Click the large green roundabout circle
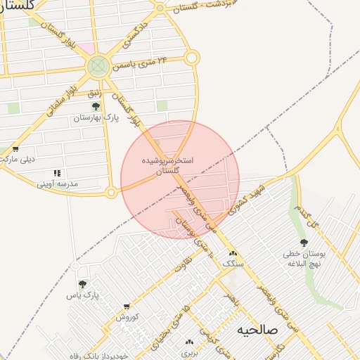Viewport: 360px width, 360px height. (x=98, y=67)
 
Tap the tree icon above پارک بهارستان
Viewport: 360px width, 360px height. (x=96, y=107)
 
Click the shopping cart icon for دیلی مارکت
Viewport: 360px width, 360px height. (x=15, y=149)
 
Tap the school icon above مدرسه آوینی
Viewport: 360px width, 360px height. (x=57, y=173)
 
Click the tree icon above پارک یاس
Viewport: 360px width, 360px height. (x=82, y=284)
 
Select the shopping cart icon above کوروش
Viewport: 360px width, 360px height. (x=127, y=307)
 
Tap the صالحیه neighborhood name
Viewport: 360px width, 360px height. (x=257, y=329)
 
